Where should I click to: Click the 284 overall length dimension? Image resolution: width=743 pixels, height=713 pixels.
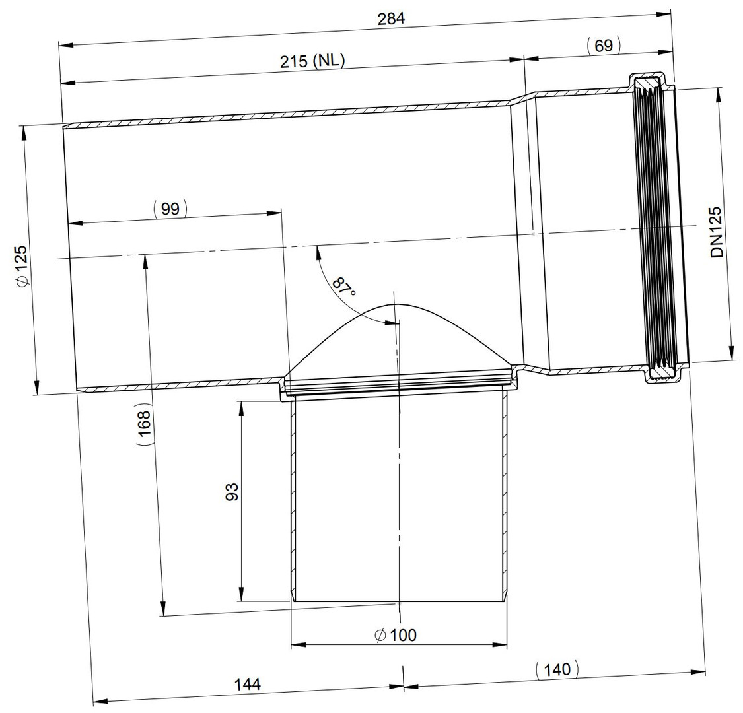click(x=391, y=18)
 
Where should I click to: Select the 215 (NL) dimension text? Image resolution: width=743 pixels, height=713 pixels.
click(x=312, y=61)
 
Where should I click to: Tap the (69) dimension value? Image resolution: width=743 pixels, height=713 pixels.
click(x=603, y=46)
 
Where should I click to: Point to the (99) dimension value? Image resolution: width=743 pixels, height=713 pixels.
click(x=170, y=209)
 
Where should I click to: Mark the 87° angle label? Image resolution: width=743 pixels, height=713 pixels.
click(x=343, y=286)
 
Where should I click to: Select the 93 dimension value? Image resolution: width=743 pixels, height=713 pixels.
click(x=232, y=492)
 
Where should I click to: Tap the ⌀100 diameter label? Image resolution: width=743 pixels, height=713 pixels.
click(x=395, y=635)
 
